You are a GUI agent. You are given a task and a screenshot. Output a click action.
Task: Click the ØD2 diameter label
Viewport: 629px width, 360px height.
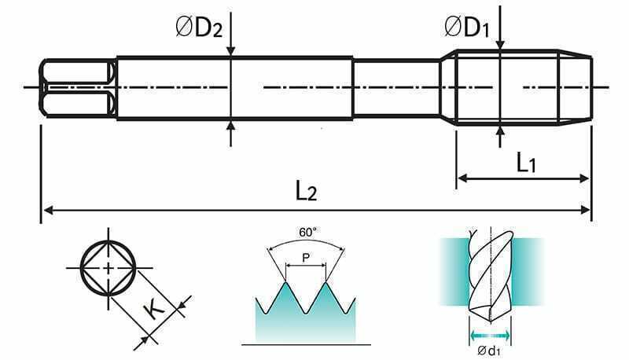[x=199, y=28]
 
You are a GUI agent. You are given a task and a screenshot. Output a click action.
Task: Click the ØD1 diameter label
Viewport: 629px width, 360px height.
[x=467, y=28]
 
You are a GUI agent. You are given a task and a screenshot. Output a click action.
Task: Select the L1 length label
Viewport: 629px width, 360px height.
[x=526, y=163]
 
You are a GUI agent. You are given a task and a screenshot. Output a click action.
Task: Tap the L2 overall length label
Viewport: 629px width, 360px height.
[x=306, y=190]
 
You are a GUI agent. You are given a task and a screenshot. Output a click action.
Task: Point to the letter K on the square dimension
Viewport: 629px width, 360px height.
[x=154, y=308]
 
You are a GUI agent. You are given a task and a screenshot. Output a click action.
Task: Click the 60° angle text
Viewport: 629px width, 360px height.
[x=307, y=232]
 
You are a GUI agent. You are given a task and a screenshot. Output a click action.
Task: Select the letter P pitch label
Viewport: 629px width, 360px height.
[x=306, y=258]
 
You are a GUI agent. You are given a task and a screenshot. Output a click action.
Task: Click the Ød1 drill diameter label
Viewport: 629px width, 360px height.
[x=489, y=351]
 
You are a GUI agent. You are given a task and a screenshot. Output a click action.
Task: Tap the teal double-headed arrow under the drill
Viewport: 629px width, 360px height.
[x=490, y=334]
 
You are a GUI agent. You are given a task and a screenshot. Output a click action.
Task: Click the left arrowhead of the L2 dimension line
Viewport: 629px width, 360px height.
[x=48, y=210]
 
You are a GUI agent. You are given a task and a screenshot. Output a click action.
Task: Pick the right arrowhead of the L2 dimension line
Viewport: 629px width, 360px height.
[x=585, y=210]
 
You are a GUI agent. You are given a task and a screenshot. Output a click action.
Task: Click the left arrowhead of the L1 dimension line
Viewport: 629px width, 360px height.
[x=463, y=178]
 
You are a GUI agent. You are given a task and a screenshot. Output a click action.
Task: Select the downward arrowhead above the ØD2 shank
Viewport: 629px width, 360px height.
[x=230, y=50]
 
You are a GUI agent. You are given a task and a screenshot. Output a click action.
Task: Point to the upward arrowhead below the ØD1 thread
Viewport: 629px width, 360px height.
[x=500, y=131]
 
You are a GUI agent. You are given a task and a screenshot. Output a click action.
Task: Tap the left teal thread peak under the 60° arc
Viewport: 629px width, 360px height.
[x=285, y=284]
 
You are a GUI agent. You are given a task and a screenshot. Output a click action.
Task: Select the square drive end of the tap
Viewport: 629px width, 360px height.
[x=78, y=88]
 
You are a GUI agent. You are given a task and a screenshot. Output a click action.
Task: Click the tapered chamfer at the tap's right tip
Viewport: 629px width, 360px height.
[x=576, y=88]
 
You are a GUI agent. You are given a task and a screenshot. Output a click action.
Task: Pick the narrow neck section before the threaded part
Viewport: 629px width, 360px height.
[x=396, y=88]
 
